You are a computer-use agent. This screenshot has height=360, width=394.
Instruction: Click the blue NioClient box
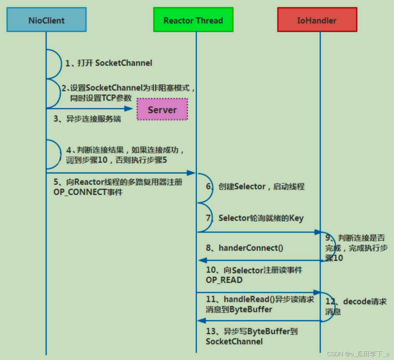[46, 20]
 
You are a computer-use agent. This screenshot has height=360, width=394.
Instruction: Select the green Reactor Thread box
[193, 20]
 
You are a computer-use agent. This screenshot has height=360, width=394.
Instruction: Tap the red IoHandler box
[317, 20]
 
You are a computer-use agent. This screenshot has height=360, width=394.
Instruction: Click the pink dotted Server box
[162, 110]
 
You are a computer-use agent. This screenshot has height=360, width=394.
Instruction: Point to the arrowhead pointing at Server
[129, 109]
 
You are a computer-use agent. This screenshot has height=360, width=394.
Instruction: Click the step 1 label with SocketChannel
[109, 63]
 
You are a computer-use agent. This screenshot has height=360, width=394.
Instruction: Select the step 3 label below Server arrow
[87, 119]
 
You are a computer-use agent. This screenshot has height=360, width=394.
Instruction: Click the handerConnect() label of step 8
[245, 248]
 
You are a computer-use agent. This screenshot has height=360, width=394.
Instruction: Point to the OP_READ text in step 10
[224, 280]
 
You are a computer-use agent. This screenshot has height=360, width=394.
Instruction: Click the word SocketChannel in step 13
[234, 342]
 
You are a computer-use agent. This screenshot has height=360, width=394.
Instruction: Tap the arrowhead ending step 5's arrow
[191, 173]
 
